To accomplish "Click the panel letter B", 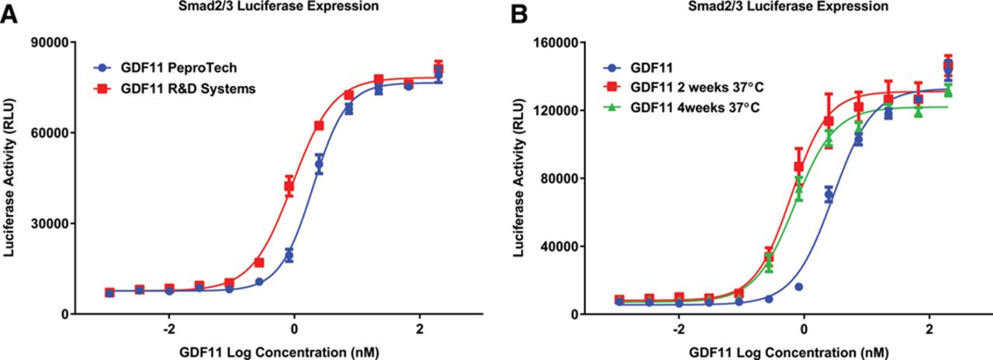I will tap(516, 14).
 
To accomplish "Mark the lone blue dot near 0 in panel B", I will tap(798, 287).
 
